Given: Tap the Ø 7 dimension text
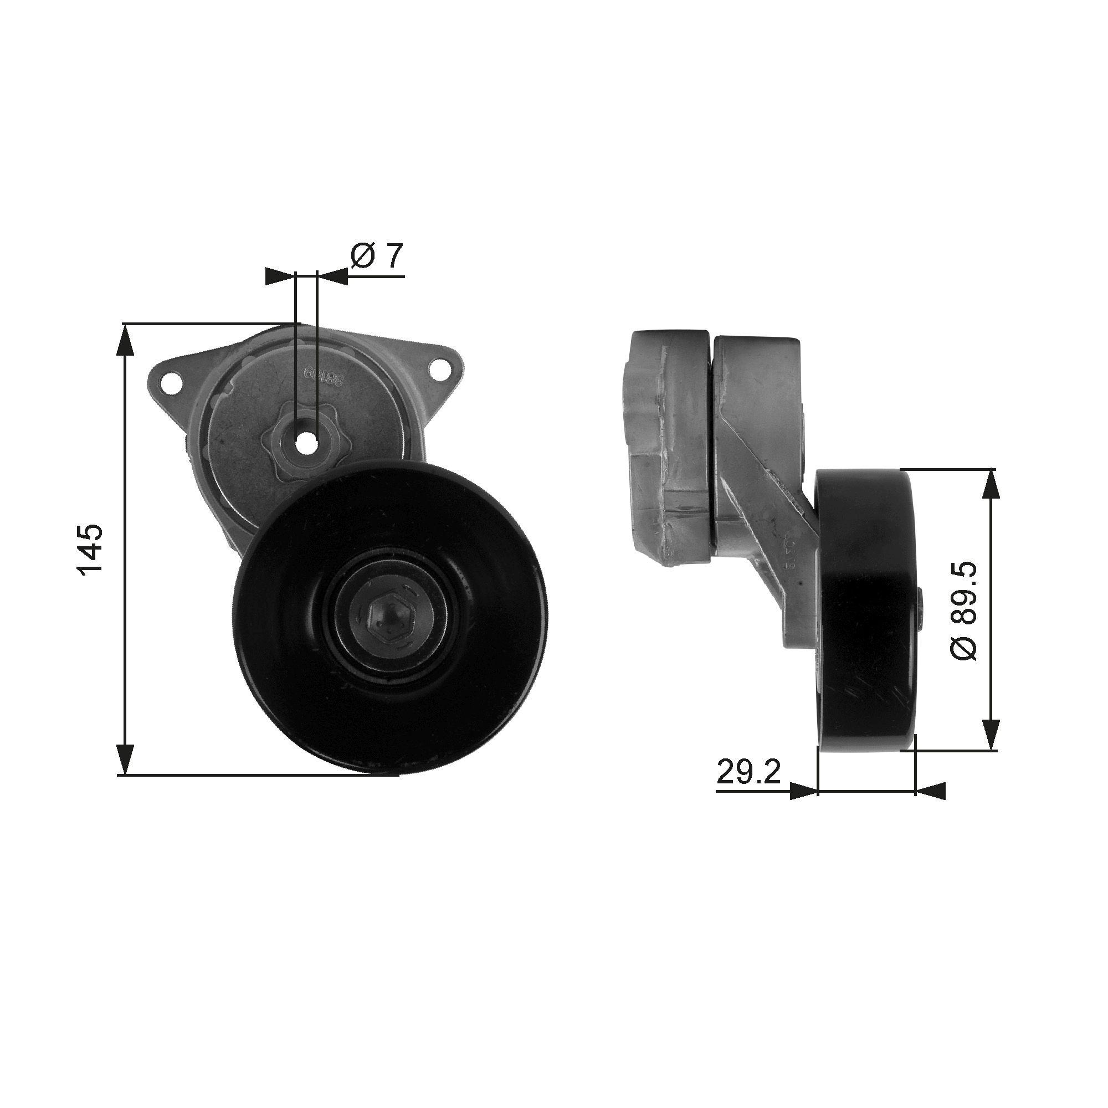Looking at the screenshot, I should pos(378,257).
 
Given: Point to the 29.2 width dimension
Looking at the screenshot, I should pos(749,773).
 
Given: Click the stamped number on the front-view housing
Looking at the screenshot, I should pos(323,376).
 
